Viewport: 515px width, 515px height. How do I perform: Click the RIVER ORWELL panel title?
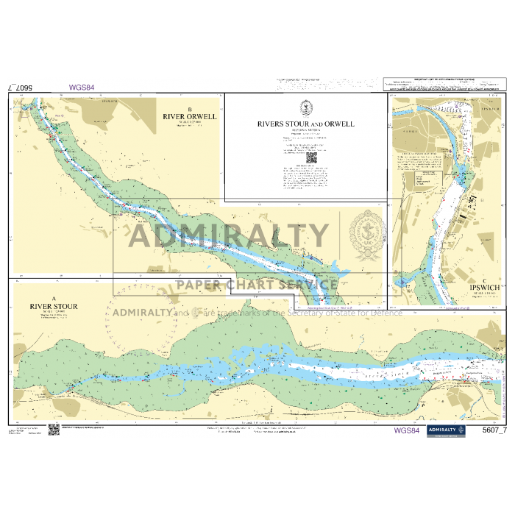click(190, 116)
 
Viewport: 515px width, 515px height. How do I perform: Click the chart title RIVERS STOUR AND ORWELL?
click(305, 124)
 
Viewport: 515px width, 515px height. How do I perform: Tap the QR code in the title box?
click(310, 156)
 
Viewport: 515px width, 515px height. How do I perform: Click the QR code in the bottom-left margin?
click(53, 430)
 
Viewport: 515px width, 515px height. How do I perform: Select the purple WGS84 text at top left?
click(82, 88)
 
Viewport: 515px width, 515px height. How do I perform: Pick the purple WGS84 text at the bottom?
click(407, 430)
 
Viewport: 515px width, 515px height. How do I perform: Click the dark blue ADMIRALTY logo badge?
click(446, 431)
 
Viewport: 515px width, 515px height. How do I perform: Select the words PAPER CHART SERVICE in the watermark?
click(256, 285)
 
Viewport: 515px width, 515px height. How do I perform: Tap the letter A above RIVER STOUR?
click(54, 297)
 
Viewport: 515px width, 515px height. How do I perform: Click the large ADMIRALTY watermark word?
click(230, 235)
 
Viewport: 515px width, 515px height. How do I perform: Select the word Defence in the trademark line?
click(388, 313)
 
